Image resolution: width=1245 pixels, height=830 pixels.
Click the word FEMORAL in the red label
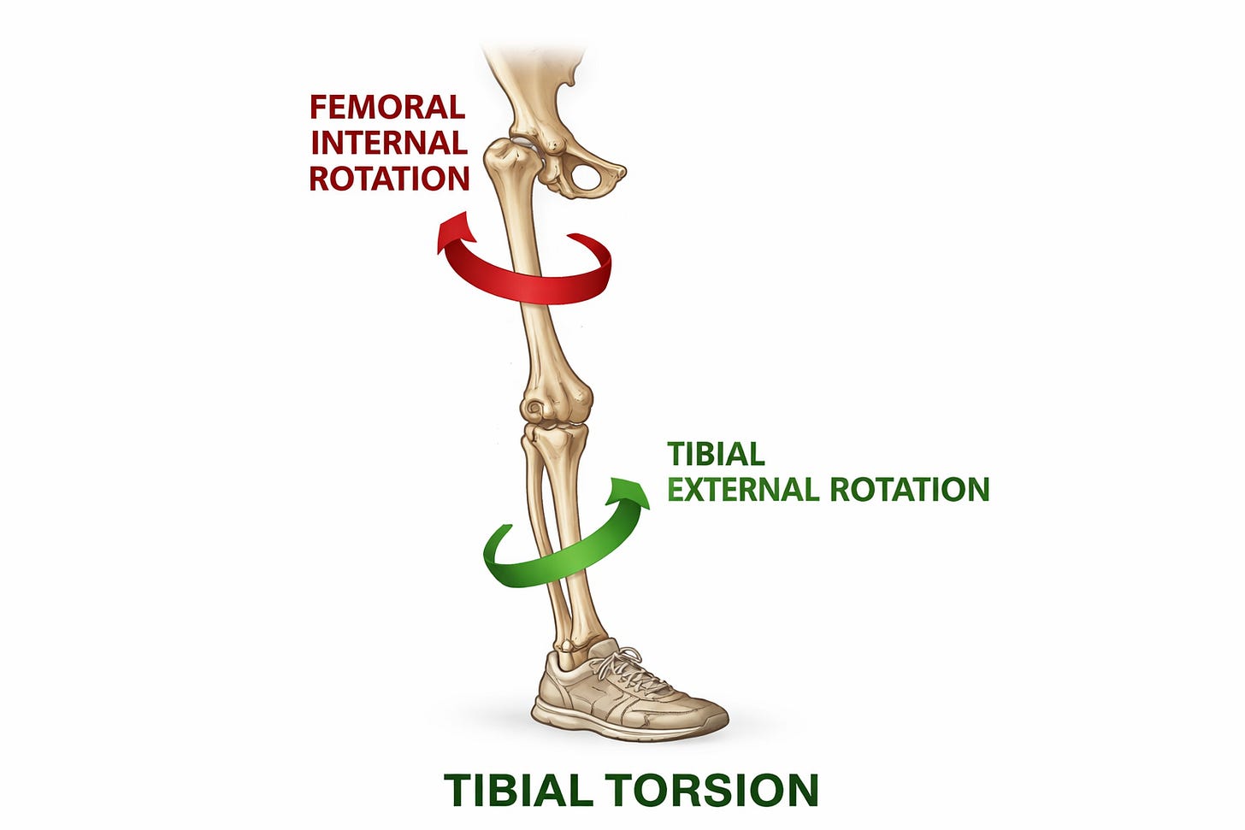[387, 108]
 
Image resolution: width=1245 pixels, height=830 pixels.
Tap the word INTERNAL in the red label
[389, 143]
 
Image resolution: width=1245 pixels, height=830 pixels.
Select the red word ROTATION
[389, 179]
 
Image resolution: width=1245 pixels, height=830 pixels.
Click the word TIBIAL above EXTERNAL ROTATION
[716, 454]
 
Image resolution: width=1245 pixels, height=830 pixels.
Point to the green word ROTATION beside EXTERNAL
[909, 490]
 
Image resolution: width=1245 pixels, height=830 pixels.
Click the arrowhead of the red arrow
[455, 233]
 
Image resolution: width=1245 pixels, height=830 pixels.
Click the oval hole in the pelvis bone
[587, 178]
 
